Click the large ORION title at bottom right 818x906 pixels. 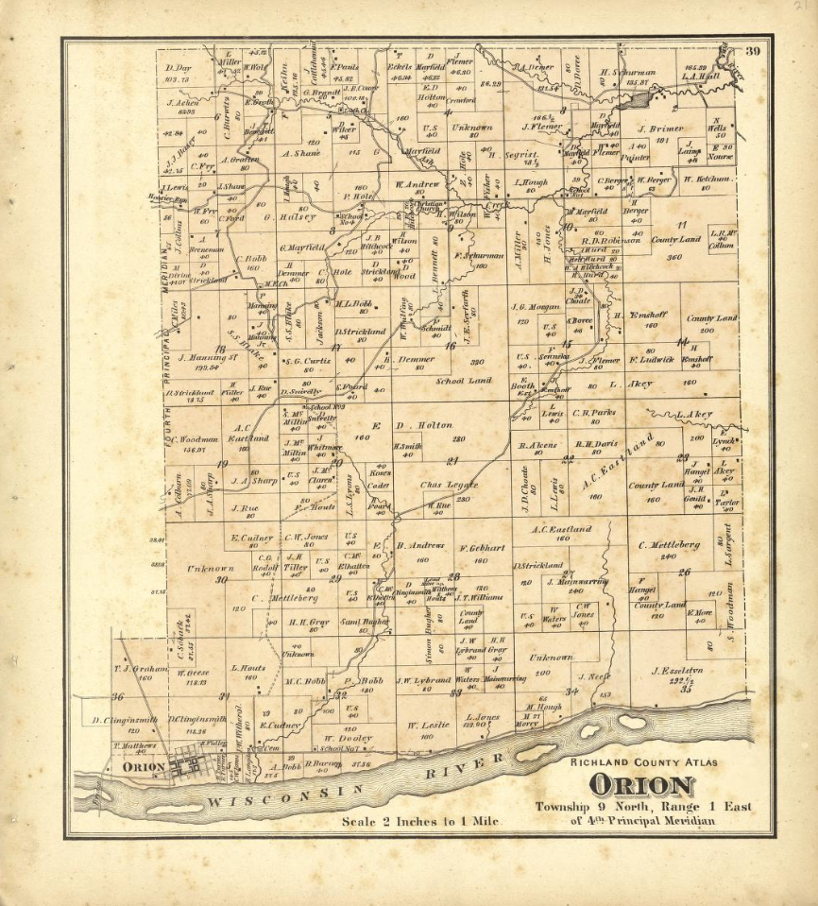(x=641, y=785)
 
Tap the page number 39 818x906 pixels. (x=753, y=52)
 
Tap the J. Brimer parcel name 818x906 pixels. (x=659, y=129)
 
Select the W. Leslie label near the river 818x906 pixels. (x=426, y=725)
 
